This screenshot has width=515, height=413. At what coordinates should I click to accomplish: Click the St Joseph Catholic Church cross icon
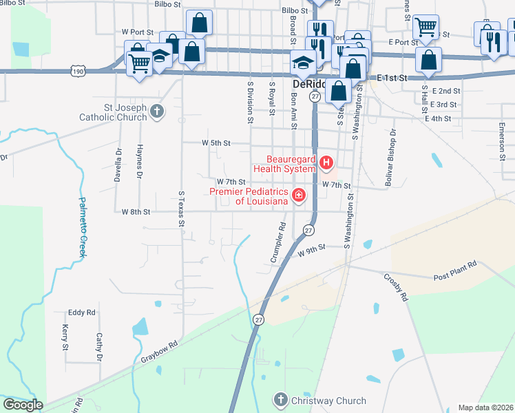coord(157,111)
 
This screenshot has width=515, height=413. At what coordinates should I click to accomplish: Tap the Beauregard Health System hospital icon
coord(326,164)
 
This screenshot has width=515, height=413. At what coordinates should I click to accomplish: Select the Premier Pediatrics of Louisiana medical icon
coord(299,196)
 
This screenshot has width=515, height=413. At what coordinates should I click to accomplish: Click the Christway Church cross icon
coord(280,400)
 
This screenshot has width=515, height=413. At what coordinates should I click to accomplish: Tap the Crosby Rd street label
coord(396,288)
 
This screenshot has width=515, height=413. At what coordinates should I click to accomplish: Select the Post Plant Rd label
coord(454,271)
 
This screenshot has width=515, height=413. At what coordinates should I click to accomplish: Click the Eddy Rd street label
coord(81,313)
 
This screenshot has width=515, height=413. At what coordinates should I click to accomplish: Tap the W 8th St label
coord(136,212)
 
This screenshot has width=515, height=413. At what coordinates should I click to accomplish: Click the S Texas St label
coord(182,209)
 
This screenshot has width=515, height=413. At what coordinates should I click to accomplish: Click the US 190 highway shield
coord(77,70)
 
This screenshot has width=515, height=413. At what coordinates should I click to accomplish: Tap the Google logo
coord(22,405)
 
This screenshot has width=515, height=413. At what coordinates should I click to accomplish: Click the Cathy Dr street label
coord(99,348)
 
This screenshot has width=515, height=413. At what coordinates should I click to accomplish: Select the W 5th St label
coord(215,142)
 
